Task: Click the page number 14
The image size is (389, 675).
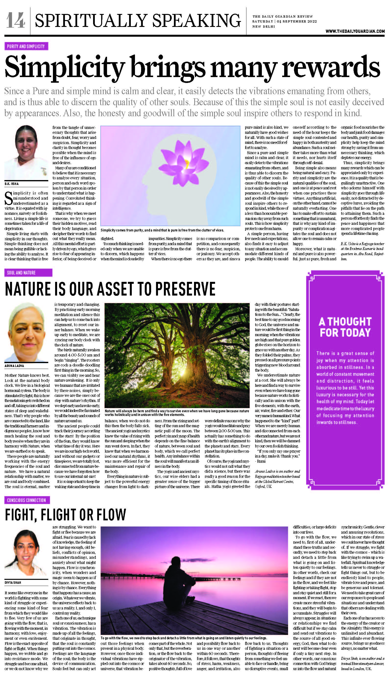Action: pos(16,20)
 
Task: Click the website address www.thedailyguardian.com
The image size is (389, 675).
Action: pos(355,31)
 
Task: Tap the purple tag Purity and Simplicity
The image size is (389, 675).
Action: pos(26,46)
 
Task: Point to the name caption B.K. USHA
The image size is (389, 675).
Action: pos(12,184)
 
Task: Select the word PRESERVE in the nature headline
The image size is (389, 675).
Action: pos(185,289)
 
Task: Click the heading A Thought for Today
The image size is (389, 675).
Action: pos(345,327)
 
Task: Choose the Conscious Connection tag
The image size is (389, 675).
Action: pos(26,500)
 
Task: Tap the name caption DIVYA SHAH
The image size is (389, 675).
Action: pos(13,583)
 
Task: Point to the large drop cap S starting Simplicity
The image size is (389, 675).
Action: pos(9,198)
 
